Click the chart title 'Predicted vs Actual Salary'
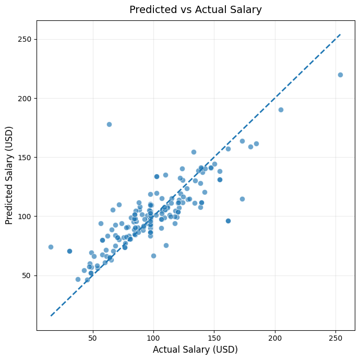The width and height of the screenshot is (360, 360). click(196, 10)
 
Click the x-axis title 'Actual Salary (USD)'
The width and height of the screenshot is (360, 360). click(196, 350)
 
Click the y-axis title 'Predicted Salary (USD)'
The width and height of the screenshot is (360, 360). click(9, 175)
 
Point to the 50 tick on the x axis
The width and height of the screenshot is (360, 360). click(93, 338)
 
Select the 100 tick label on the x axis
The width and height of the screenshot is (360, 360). click(153, 338)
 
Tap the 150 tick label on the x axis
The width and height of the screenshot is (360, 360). click(214, 338)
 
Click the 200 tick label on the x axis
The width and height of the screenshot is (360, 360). click(275, 338)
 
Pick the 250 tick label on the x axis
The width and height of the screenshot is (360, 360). click(335, 338)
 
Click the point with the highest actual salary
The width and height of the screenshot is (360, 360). click(340, 75)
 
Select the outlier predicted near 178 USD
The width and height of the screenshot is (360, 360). click(109, 124)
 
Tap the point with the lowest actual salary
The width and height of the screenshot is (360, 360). click(51, 247)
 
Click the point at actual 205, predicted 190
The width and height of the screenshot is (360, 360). click(281, 110)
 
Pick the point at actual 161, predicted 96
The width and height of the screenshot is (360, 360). click(228, 221)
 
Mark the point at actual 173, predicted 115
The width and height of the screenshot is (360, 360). click(242, 199)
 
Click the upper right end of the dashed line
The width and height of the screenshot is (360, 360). click(340, 34)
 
